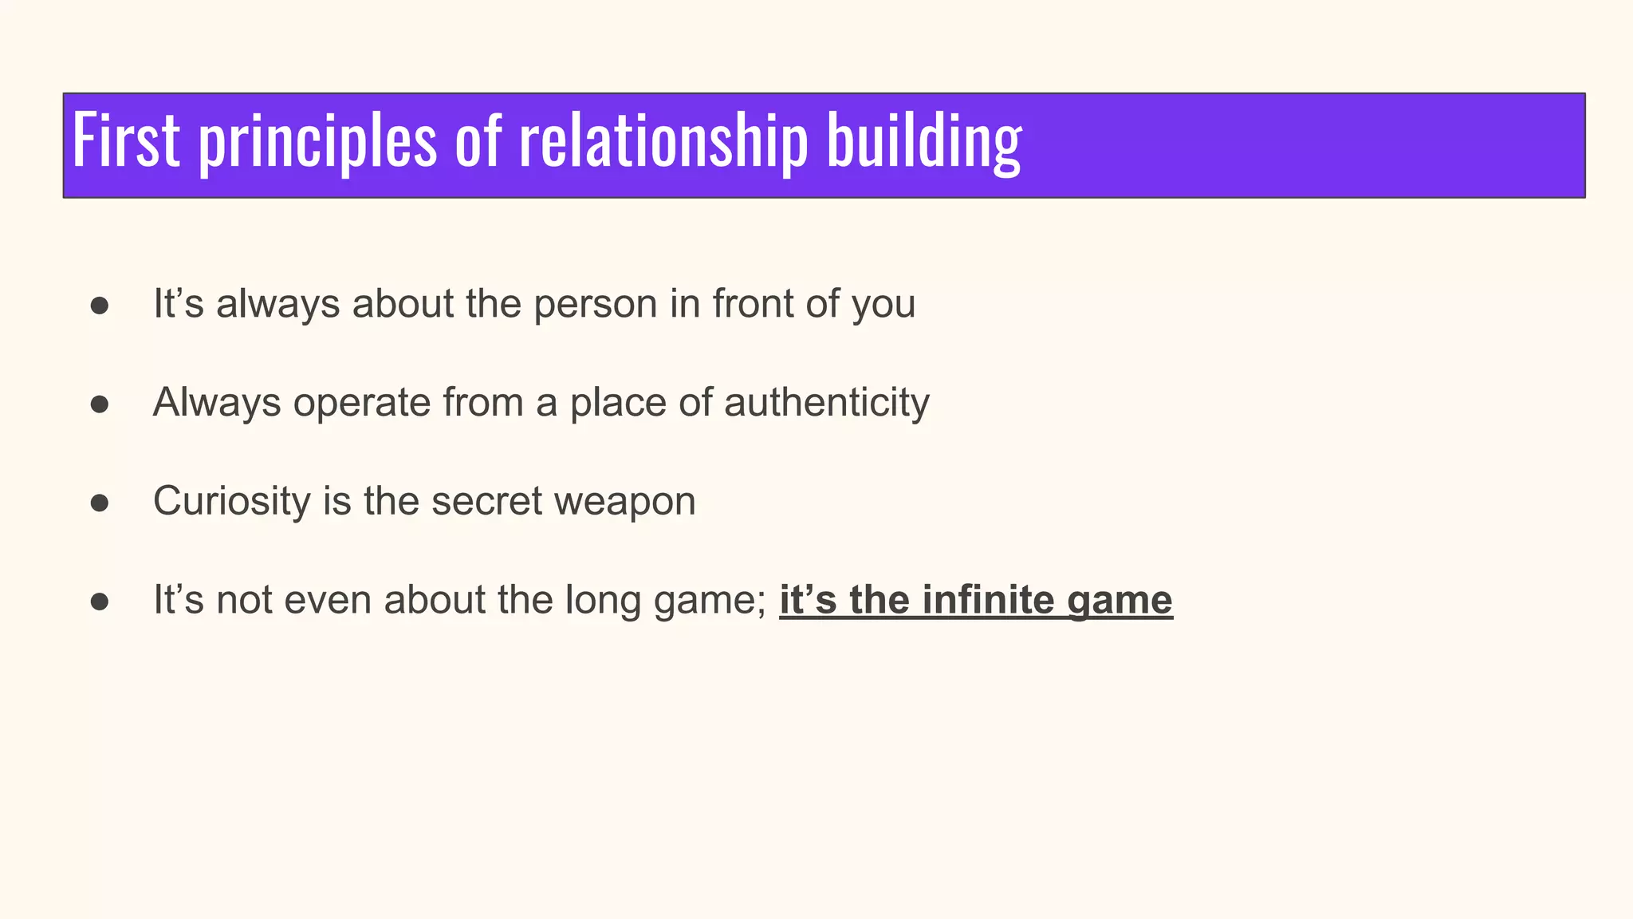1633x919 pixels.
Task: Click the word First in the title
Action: click(125, 140)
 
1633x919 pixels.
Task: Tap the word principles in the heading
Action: click(317, 142)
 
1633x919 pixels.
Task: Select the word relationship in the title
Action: click(663, 142)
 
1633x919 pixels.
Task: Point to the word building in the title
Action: click(923, 142)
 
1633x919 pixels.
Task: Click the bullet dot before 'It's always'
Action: click(100, 306)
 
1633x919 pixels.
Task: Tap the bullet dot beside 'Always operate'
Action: click(100, 404)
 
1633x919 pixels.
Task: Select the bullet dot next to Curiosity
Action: click(100, 503)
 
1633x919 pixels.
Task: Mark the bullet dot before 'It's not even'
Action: click(100, 601)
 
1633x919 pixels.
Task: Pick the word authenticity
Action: click(826, 403)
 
